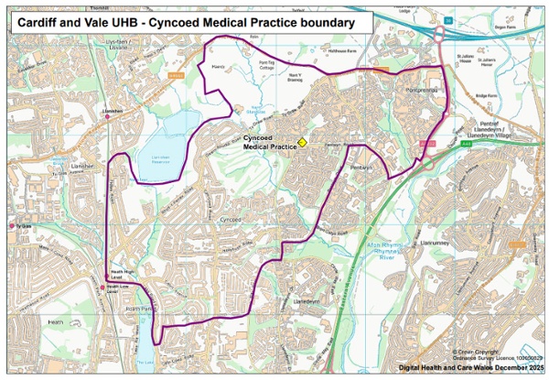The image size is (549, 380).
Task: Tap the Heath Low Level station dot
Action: [x=102, y=288]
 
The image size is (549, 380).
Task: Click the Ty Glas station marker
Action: [x=12, y=224]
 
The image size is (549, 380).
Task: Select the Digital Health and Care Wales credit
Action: [x=470, y=368]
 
